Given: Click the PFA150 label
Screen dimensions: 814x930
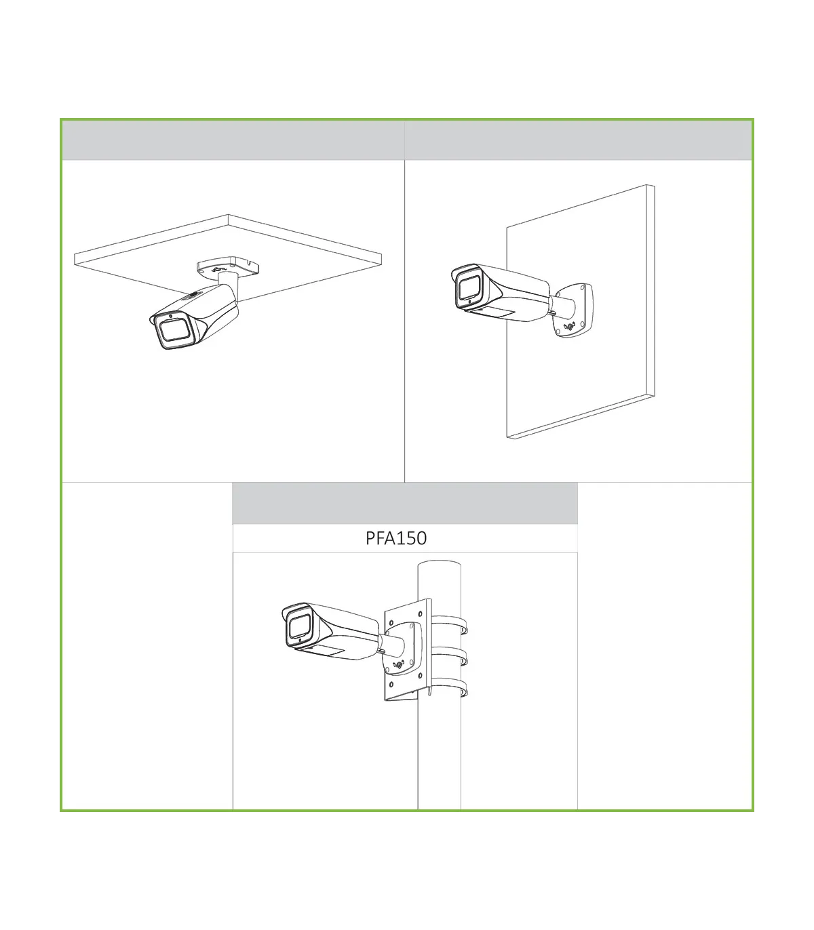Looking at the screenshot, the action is point(396,538).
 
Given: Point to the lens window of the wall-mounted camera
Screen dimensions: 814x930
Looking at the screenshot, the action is point(469,287).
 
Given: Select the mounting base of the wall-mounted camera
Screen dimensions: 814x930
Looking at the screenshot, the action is point(573,310).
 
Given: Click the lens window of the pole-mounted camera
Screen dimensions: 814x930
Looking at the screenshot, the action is point(299,627).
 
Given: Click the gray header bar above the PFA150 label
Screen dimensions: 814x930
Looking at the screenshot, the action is point(405,504).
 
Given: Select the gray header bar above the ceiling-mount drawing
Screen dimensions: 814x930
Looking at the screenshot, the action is point(233,140).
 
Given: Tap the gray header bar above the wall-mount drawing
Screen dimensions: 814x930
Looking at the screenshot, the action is point(578,140).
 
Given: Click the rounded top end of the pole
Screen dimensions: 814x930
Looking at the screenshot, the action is point(440,565).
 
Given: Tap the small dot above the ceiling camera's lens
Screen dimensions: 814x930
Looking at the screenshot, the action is point(170,315).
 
